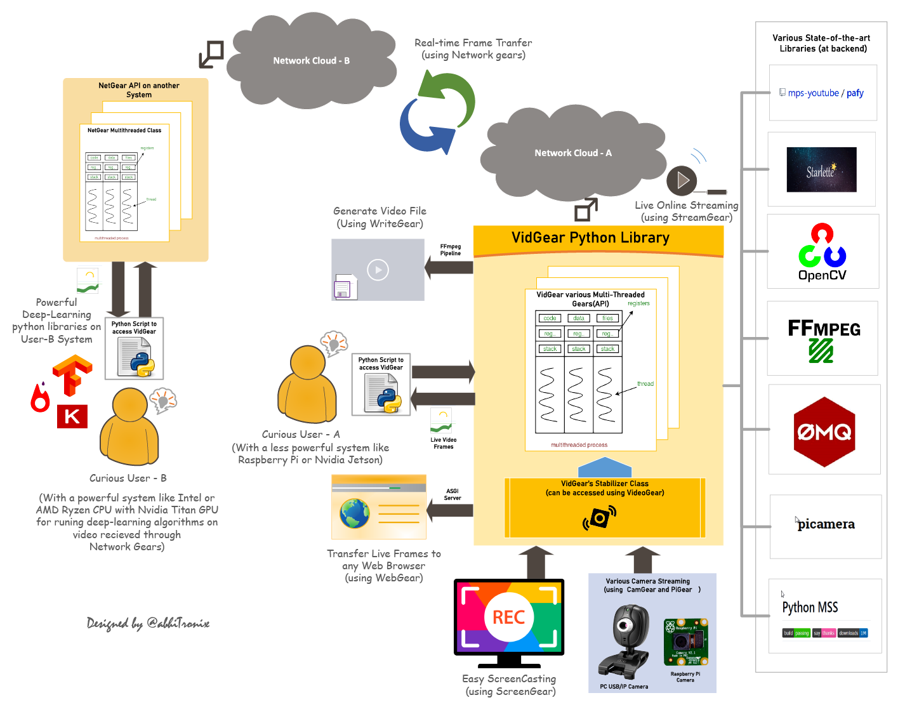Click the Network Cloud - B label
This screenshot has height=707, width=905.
[x=311, y=61]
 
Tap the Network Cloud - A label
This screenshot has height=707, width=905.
[x=572, y=153]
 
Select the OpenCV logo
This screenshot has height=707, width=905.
[x=822, y=252]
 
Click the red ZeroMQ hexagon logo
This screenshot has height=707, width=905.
[x=824, y=432]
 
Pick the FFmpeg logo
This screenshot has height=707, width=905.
[x=823, y=339]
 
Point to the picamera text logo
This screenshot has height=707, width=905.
[x=826, y=524]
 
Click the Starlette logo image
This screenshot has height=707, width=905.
[x=821, y=170]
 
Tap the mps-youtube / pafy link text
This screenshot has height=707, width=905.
[x=825, y=93]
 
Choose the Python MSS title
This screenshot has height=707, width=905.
[x=810, y=607]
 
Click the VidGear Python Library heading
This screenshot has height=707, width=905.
[x=590, y=238]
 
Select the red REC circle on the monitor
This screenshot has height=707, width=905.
[x=508, y=617]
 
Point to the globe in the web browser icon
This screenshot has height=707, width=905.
[x=355, y=513]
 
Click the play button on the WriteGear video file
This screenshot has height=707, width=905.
[x=378, y=270]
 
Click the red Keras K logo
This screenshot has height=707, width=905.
[x=72, y=416]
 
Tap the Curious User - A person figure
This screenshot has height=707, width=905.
[x=307, y=385]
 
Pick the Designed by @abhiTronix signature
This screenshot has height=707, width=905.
[x=148, y=623]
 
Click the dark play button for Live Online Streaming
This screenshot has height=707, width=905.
[x=682, y=181]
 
